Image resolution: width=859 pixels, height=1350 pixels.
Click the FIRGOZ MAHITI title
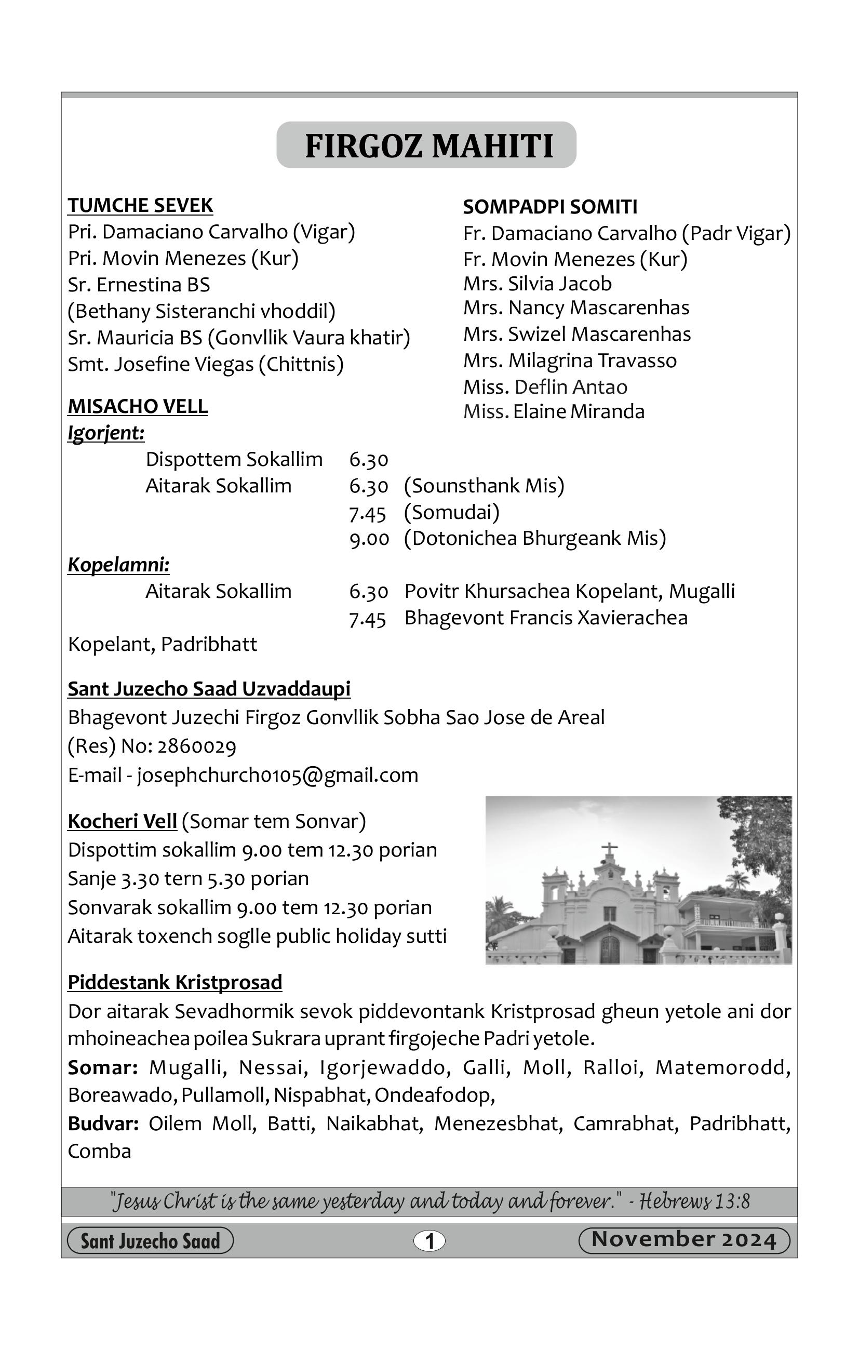tap(429, 146)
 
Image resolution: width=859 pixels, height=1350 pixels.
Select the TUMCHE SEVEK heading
tap(140, 206)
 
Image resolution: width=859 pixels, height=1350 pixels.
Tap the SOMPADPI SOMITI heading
tap(549, 207)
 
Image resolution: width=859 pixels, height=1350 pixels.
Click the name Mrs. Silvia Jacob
tap(536, 284)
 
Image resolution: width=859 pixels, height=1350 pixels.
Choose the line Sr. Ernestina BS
tap(139, 285)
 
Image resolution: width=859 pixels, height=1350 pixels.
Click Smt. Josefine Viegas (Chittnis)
tap(205, 365)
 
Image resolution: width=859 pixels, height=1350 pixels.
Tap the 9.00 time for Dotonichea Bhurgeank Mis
tap(368, 539)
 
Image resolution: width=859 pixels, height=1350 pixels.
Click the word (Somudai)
tap(451, 512)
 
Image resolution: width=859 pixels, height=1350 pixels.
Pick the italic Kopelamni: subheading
tap(118, 565)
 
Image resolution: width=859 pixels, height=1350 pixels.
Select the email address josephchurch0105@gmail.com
tap(277, 776)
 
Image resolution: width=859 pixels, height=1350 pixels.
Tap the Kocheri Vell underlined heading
tap(122, 821)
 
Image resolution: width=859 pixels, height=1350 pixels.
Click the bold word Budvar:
tap(103, 1124)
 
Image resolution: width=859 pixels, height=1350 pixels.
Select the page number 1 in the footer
tap(429, 1241)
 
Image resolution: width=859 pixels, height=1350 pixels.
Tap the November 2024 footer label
tap(683, 1240)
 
